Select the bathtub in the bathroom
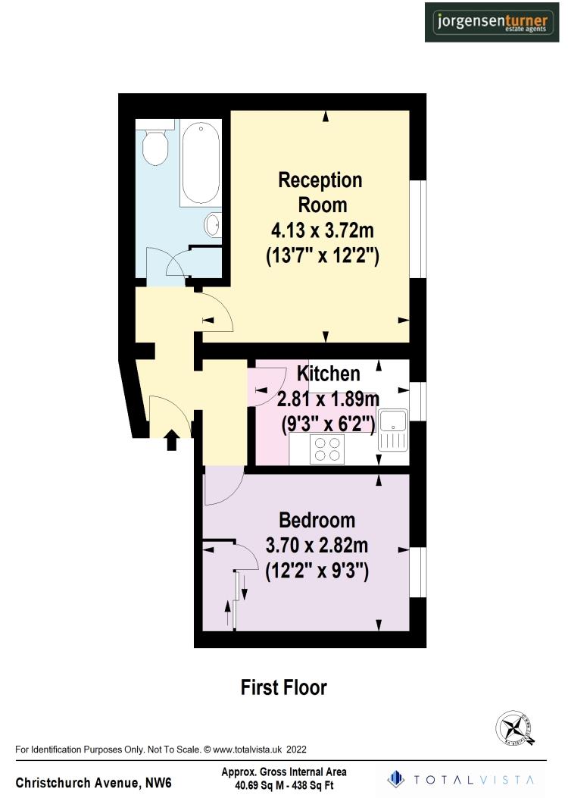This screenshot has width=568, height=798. pyautogui.click(x=201, y=162)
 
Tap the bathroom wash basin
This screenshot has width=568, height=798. pyautogui.click(x=214, y=224)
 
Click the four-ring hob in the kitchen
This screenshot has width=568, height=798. pyautogui.click(x=327, y=449)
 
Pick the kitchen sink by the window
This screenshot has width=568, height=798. pyautogui.click(x=394, y=430)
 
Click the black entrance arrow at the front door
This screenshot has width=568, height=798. pyautogui.click(x=172, y=439)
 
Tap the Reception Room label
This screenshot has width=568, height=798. pyautogui.click(x=321, y=192)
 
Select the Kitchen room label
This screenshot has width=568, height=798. pyautogui.click(x=328, y=374)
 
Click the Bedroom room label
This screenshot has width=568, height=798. pyautogui.click(x=317, y=520)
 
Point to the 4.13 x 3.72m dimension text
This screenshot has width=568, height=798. pyautogui.click(x=322, y=230)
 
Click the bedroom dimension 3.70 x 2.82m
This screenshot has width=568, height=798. pyautogui.click(x=317, y=545)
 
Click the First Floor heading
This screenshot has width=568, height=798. pyautogui.click(x=284, y=687)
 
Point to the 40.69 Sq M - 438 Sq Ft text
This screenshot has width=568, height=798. pyautogui.click(x=284, y=785)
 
